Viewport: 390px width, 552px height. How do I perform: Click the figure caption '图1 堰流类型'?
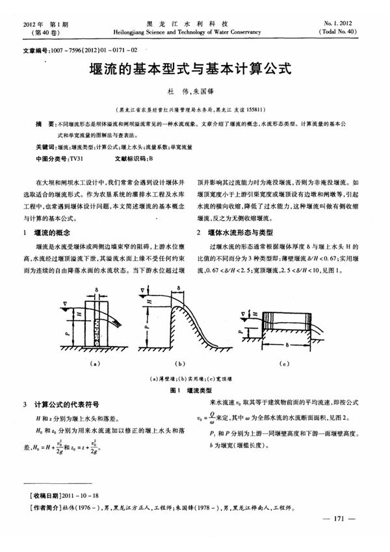[x=187, y=390]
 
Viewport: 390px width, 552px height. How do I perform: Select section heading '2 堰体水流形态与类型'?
[x=239, y=232]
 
